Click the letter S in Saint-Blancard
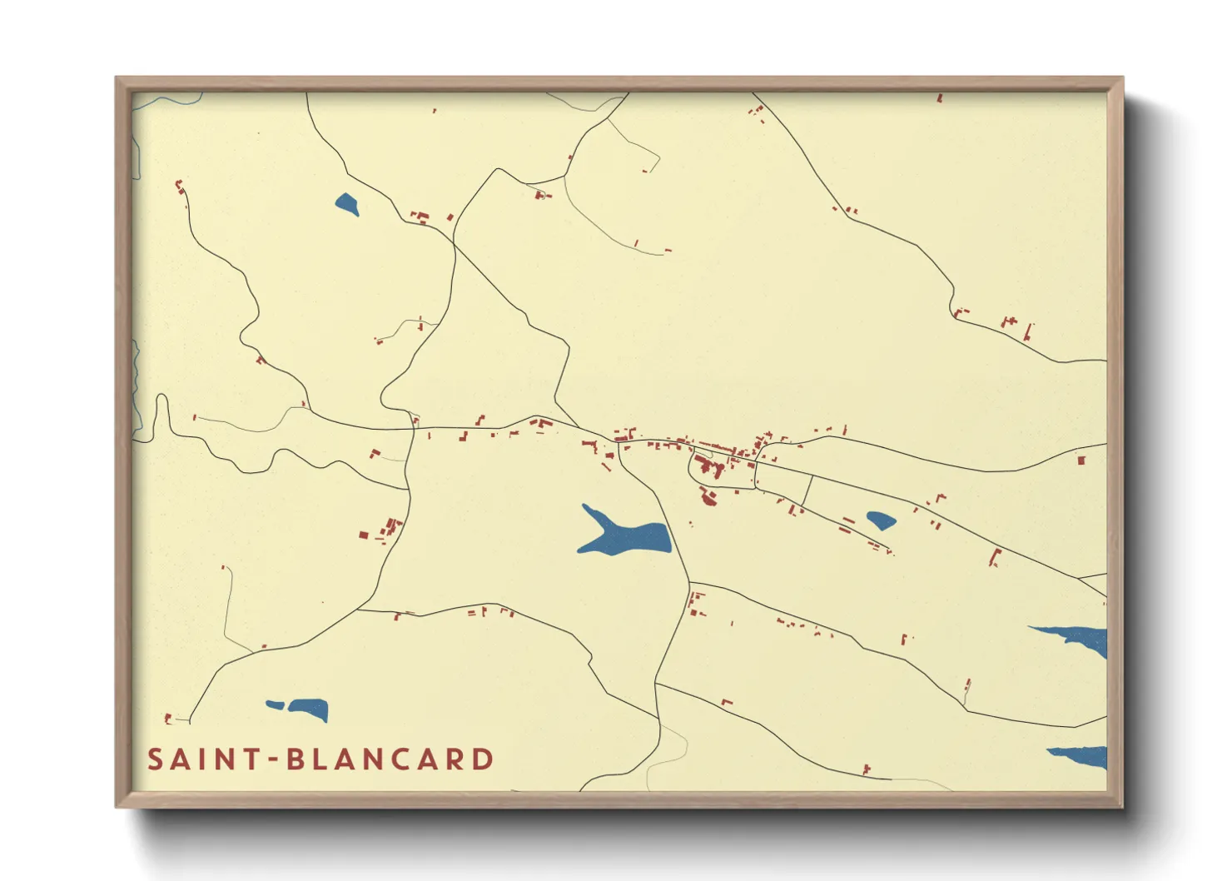(x=155, y=759)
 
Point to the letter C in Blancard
(x=402, y=759)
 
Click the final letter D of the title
(x=483, y=759)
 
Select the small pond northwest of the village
(x=347, y=203)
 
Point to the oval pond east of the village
(x=881, y=520)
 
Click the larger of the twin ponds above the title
(x=309, y=709)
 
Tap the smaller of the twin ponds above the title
(x=275, y=705)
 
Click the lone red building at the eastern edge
(x=1081, y=459)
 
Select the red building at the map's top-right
(x=940, y=98)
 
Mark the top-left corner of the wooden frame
(x=117, y=79)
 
